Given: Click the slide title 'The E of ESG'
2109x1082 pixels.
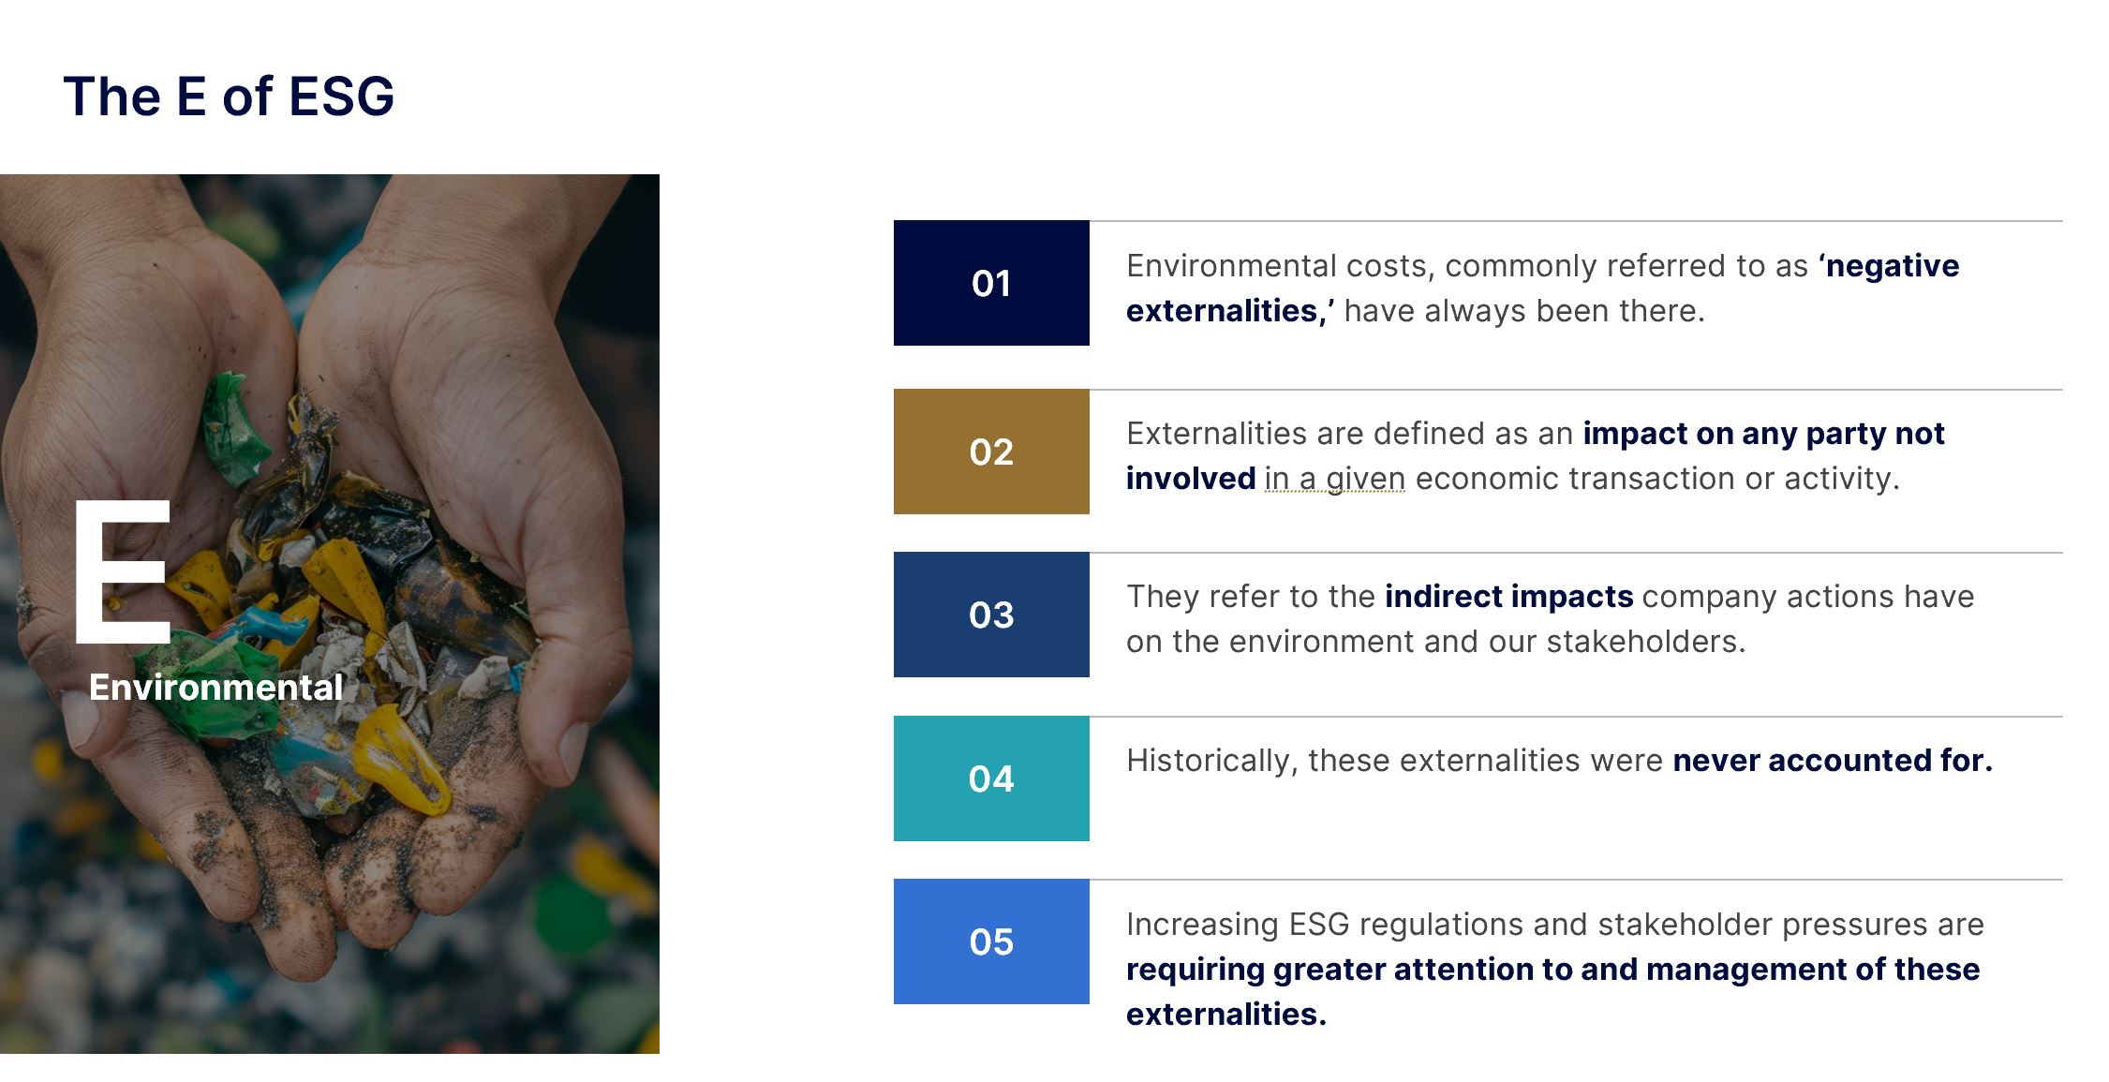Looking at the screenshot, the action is pos(229,96).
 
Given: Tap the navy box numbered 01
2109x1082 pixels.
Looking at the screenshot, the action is pos(991,283).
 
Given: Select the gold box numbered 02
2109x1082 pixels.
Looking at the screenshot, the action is pos(991,452).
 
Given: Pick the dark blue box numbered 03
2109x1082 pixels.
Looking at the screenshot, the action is pos(991,615).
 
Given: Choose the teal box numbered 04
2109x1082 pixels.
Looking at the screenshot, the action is pos(991,778).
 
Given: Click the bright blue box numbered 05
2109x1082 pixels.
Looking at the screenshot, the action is pos(991,941).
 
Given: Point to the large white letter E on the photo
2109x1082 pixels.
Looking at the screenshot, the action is pos(122,571).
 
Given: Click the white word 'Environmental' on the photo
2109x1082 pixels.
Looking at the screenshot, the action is pos(215,688).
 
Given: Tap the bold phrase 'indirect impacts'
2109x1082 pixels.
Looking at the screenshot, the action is pos(1509,597).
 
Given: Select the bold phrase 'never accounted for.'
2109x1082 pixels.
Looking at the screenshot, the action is pos(1833,761).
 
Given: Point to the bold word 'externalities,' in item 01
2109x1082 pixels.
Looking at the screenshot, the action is pos(1230,311).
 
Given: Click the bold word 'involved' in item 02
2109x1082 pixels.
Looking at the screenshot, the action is pos(1191,479).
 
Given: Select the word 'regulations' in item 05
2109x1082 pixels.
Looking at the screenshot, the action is pos(1441,926).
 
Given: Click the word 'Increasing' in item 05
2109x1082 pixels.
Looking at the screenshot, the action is pos(1202,926).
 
